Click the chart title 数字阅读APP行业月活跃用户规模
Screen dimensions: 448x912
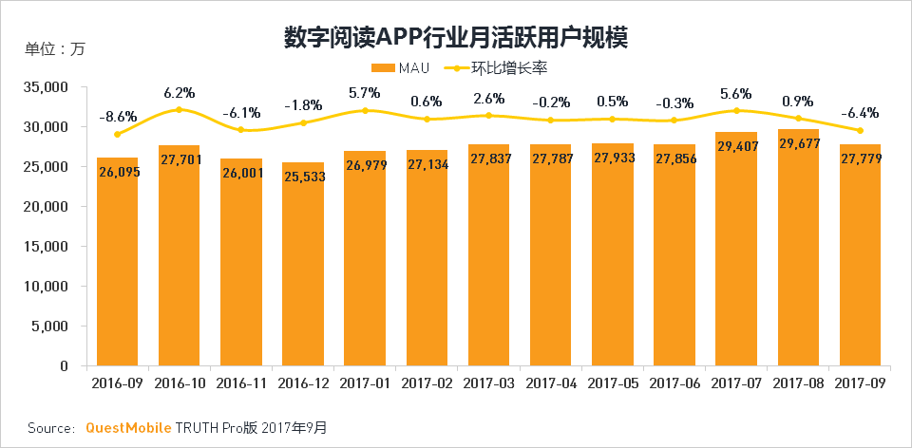pos(456,37)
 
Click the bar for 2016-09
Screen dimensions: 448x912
pos(117,261)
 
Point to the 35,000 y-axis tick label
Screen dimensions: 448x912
pos(48,86)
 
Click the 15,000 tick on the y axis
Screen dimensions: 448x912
pos(48,246)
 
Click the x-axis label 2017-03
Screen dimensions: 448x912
pos(488,383)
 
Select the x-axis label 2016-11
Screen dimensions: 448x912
pos(240,383)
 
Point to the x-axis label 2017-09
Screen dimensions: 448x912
pos(860,383)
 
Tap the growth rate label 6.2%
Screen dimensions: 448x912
pos(179,93)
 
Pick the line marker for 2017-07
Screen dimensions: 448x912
pos(736,111)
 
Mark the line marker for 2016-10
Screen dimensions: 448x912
pos(179,110)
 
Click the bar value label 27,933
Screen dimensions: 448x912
pos(612,159)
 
